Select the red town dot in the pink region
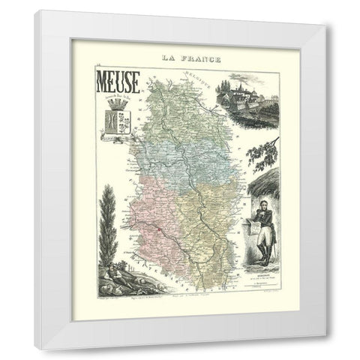click(141, 213)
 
